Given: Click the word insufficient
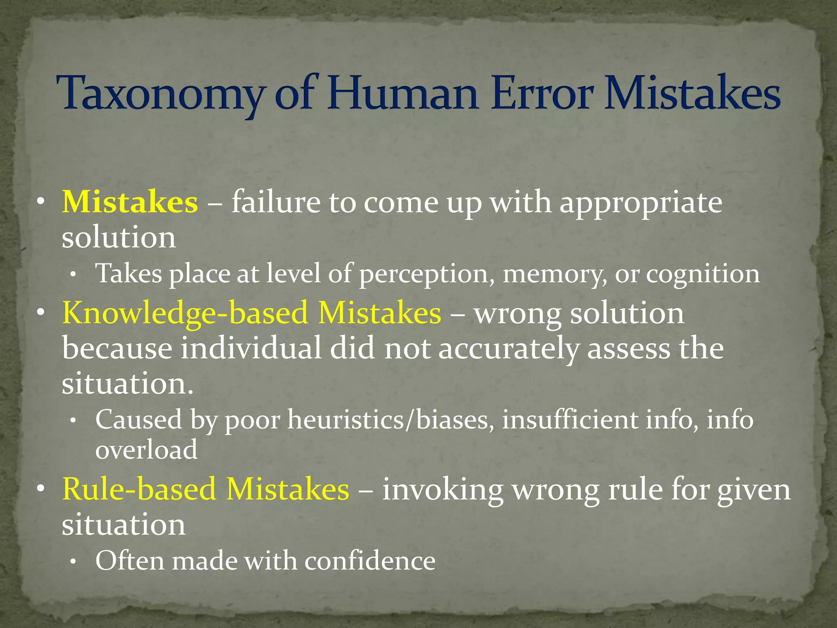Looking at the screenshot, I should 570,419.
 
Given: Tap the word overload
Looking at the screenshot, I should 146,449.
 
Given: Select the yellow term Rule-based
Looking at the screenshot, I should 139,489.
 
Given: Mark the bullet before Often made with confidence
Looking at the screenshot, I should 73,563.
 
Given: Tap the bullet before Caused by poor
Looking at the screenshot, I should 73,421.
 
